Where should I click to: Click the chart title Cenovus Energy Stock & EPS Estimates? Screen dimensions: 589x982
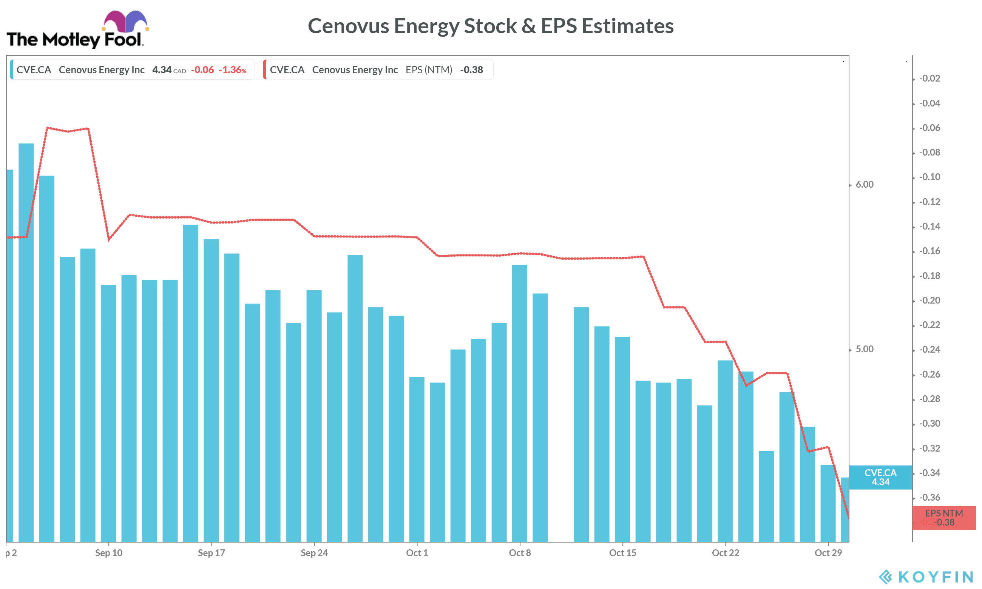(490, 26)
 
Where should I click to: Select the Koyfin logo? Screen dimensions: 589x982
(925, 577)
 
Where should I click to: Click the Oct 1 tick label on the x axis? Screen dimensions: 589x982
(417, 553)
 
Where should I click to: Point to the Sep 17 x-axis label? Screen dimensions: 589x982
(211, 553)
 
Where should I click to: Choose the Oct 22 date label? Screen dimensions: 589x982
(725, 553)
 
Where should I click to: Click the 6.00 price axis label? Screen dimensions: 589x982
(864, 185)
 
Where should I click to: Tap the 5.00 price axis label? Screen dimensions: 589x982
(864, 349)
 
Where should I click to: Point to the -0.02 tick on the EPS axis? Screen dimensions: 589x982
(929, 79)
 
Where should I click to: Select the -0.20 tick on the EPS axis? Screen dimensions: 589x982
(929, 301)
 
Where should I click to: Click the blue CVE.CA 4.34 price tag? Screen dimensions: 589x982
(880, 477)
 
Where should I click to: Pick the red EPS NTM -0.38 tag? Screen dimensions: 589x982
(943, 518)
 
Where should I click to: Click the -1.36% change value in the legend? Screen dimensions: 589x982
(233, 70)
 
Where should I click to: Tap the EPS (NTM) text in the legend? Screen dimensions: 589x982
(429, 70)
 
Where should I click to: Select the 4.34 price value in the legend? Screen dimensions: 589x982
(162, 70)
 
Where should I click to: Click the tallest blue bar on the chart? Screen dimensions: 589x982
(26, 341)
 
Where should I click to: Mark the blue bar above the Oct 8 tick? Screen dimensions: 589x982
(520, 403)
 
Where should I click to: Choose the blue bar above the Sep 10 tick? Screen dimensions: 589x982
(108, 413)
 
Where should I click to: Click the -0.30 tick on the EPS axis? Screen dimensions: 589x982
(929, 424)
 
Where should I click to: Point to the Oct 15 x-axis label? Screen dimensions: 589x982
(622, 553)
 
